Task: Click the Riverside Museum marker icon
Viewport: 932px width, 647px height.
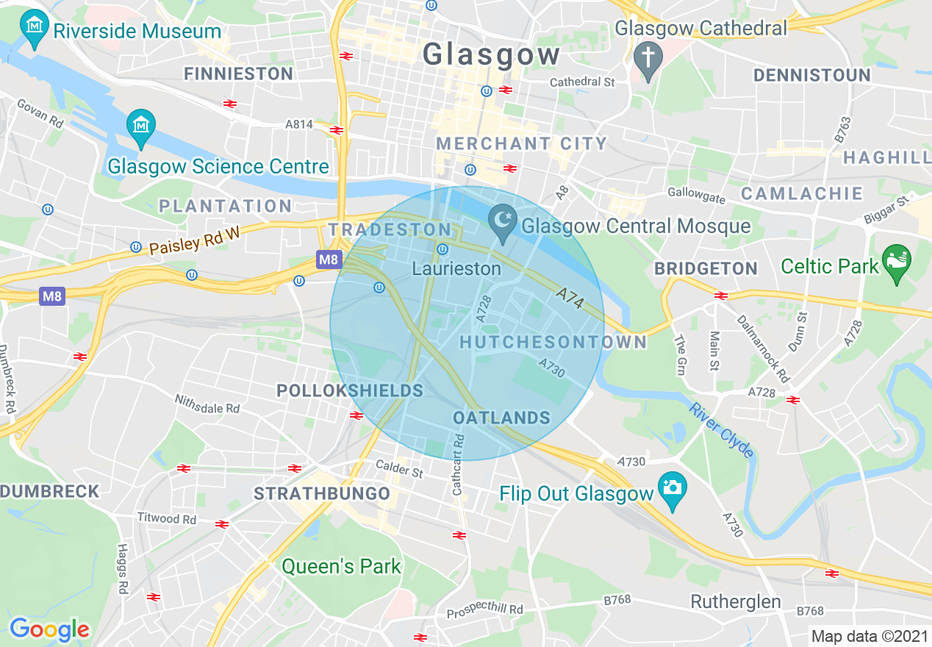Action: [34, 31]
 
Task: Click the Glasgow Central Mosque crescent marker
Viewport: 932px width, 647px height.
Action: [503, 224]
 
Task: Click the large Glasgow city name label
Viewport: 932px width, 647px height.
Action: [491, 55]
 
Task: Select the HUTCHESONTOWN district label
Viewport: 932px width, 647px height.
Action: [553, 342]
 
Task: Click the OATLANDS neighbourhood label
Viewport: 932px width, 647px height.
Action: [501, 418]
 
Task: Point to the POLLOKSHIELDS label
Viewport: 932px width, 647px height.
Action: [350, 390]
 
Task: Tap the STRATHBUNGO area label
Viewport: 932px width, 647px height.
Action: [322, 494]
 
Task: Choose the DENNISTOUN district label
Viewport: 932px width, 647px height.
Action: [811, 75]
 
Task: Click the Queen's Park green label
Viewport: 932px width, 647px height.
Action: [342, 566]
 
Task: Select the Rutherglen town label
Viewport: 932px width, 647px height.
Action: [736, 602]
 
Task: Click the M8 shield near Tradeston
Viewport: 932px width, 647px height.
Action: [329, 260]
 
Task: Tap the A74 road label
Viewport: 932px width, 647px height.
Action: [569, 299]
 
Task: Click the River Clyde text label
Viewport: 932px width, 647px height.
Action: [722, 429]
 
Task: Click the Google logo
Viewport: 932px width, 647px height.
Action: [49, 629]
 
